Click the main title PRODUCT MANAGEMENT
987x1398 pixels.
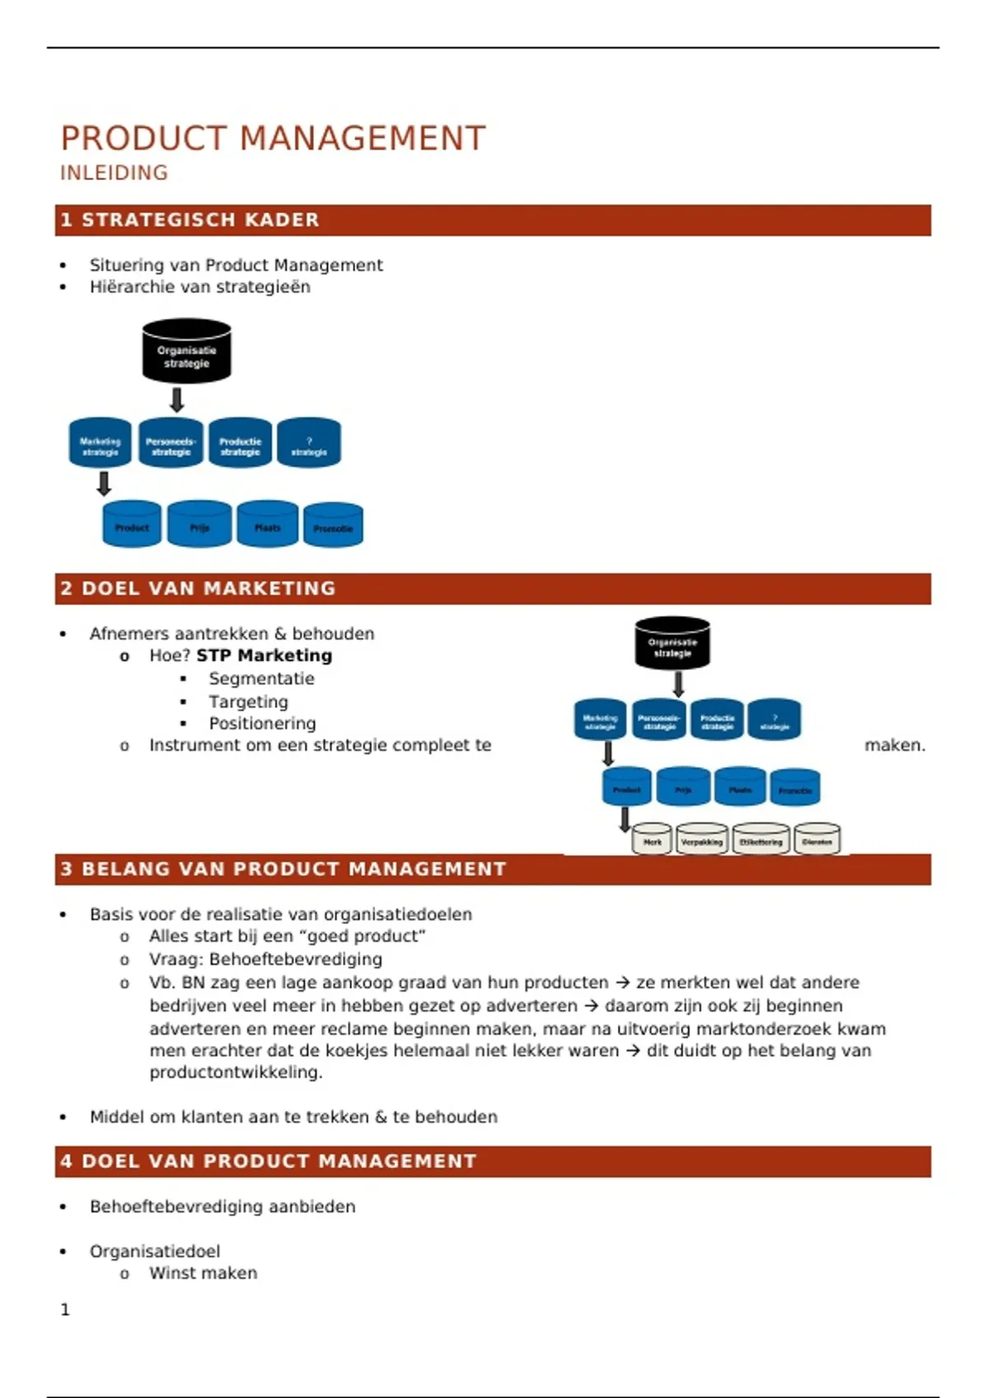click(x=273, y=138)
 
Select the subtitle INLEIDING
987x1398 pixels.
click(x=114, y=173)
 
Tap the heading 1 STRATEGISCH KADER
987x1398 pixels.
click(x=190, y=220)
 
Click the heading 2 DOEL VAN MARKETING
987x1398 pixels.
click(x=198, y=589)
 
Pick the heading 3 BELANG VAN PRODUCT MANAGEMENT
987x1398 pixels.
click(x=283, y=869)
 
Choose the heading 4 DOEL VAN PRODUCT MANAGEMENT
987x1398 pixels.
click(x=268, y=1161)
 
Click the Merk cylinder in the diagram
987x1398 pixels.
click(x=652, y=840)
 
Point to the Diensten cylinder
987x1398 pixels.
click(x=817, y=840)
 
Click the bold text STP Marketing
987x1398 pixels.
click(x=264, y=655)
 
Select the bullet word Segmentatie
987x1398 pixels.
click(x=262, y=678)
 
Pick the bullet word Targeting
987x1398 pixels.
click(x=248, y=701)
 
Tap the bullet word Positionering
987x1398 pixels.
click(x=262, y=724)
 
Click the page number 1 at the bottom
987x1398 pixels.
click(x=66, y=1309)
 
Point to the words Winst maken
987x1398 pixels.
click(x=203, y=1273)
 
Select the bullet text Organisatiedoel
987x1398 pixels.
click(x=155, y=1251)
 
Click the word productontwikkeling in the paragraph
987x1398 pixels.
click(x=235, y=1072)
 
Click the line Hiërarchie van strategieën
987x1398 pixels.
click(x=200, y=287)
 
